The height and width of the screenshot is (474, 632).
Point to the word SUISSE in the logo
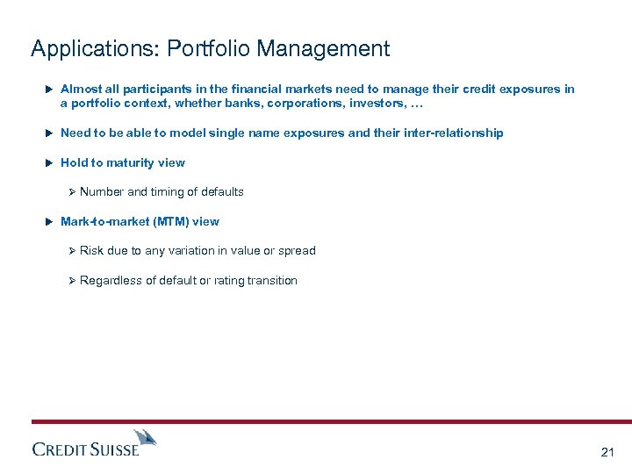pos(111,449)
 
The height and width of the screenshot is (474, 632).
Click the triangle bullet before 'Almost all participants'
pos(49,90)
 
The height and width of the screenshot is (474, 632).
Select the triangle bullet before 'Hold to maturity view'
pos(49,163)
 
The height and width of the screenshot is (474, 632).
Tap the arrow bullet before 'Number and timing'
pos(73,192)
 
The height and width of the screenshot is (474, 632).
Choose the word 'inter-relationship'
pos(453,133)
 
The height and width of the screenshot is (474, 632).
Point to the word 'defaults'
pos(222,192)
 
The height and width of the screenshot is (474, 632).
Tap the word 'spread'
pos(296,251)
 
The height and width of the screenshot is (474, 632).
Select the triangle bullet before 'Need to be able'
pos(49,133)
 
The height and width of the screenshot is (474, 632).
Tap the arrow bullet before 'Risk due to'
pos(73,251)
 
